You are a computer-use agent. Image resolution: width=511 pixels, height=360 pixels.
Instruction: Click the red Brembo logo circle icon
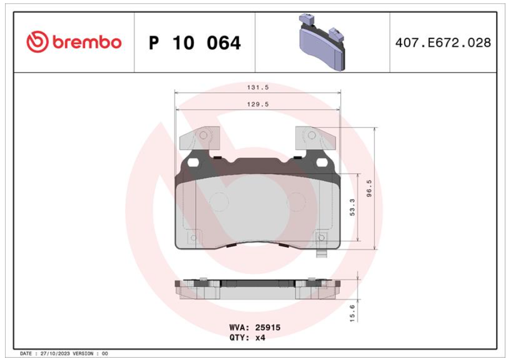point(37,42)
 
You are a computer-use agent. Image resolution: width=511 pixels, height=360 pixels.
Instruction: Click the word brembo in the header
point(87,42)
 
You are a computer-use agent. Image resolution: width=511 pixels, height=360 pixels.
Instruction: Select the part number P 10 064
point(195,43)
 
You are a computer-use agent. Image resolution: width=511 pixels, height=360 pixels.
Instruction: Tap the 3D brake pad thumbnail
point(322,42)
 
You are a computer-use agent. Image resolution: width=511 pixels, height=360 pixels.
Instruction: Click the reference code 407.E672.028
point(443,43)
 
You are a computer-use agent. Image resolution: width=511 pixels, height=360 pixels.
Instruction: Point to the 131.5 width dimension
point(258,87)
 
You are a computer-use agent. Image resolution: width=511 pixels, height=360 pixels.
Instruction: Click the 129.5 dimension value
point(258,105)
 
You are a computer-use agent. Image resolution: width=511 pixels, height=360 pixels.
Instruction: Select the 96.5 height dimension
point(369,188)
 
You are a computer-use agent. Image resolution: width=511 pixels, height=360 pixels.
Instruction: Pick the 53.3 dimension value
point(353,208)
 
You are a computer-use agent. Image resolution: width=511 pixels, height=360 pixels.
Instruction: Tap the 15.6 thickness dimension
point(353,313)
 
